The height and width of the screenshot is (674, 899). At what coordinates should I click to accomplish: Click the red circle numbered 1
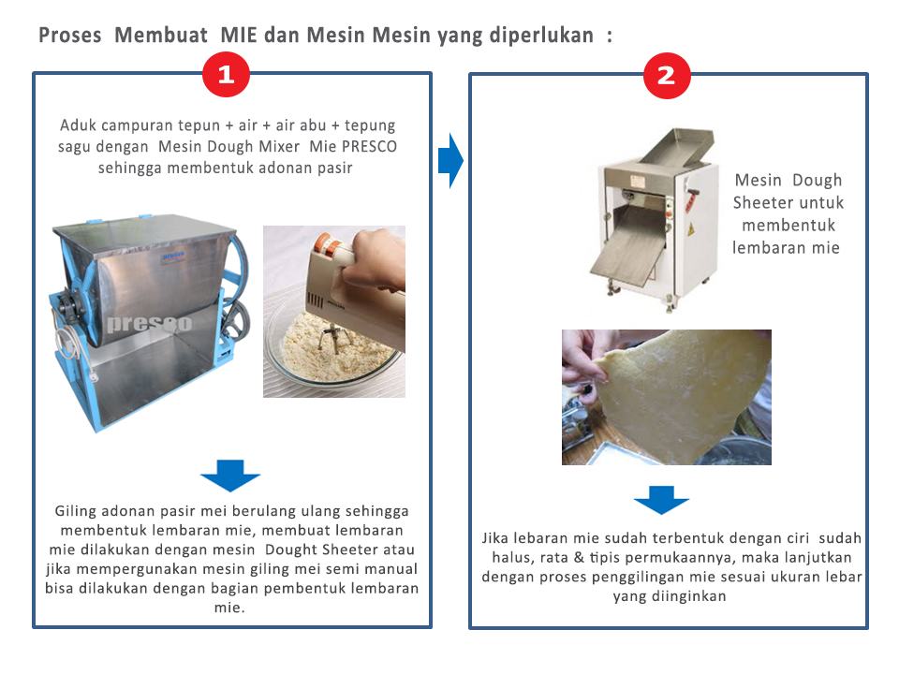point(226,75)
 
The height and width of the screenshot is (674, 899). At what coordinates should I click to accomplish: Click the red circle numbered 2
point(667,76)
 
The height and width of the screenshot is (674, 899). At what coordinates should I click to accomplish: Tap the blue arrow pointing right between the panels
point(450,160)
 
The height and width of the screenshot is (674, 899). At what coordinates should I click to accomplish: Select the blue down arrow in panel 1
point(230,476)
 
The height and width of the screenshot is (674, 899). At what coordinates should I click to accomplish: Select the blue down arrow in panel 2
point(662,500)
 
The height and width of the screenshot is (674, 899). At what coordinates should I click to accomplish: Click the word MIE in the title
point(239,35)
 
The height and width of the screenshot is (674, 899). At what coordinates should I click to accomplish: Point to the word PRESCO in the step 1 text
point(369,147)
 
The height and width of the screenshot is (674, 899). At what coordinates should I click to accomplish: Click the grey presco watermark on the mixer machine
point(150,323)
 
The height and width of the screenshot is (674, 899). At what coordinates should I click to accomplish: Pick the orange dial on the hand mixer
point(325,243)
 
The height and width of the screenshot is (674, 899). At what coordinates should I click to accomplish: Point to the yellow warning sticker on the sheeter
point(691,228)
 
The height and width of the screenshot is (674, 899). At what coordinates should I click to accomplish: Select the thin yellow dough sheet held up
point(683,395)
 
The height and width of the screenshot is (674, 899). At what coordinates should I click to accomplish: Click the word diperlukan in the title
point(542,36)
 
